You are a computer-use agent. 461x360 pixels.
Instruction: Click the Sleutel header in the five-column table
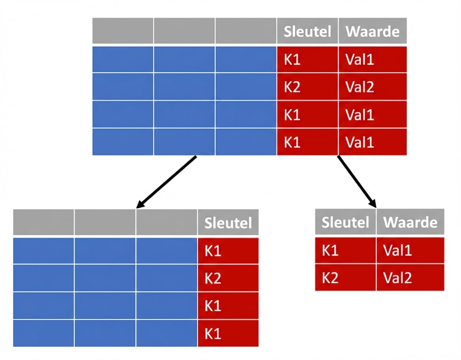307,31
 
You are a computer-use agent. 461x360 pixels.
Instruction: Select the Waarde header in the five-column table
372,31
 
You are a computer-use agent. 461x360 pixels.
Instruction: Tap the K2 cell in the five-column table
307,87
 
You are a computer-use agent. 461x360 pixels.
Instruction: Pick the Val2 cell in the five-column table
372,87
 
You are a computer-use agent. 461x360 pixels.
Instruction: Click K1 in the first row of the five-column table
307,60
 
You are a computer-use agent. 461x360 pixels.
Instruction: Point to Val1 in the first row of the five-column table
372,60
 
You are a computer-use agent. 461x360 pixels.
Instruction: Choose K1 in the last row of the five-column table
307,142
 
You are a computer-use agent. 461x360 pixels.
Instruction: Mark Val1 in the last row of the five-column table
372,142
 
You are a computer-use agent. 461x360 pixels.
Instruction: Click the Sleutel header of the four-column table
228,223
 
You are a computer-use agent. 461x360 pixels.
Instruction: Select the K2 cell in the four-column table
228,278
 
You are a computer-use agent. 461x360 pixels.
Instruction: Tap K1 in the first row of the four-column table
228,251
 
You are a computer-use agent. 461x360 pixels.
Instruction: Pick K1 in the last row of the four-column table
228,334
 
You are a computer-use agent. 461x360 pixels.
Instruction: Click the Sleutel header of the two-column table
345,222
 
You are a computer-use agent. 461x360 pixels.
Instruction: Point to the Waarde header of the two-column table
410,222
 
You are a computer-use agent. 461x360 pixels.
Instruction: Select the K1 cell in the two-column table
345,250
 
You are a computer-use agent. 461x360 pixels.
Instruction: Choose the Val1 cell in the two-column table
410,250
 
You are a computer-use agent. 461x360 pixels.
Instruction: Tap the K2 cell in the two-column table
345,277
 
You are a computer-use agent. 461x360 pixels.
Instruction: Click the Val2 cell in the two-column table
410,277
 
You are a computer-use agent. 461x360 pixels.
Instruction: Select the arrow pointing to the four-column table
166,182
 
